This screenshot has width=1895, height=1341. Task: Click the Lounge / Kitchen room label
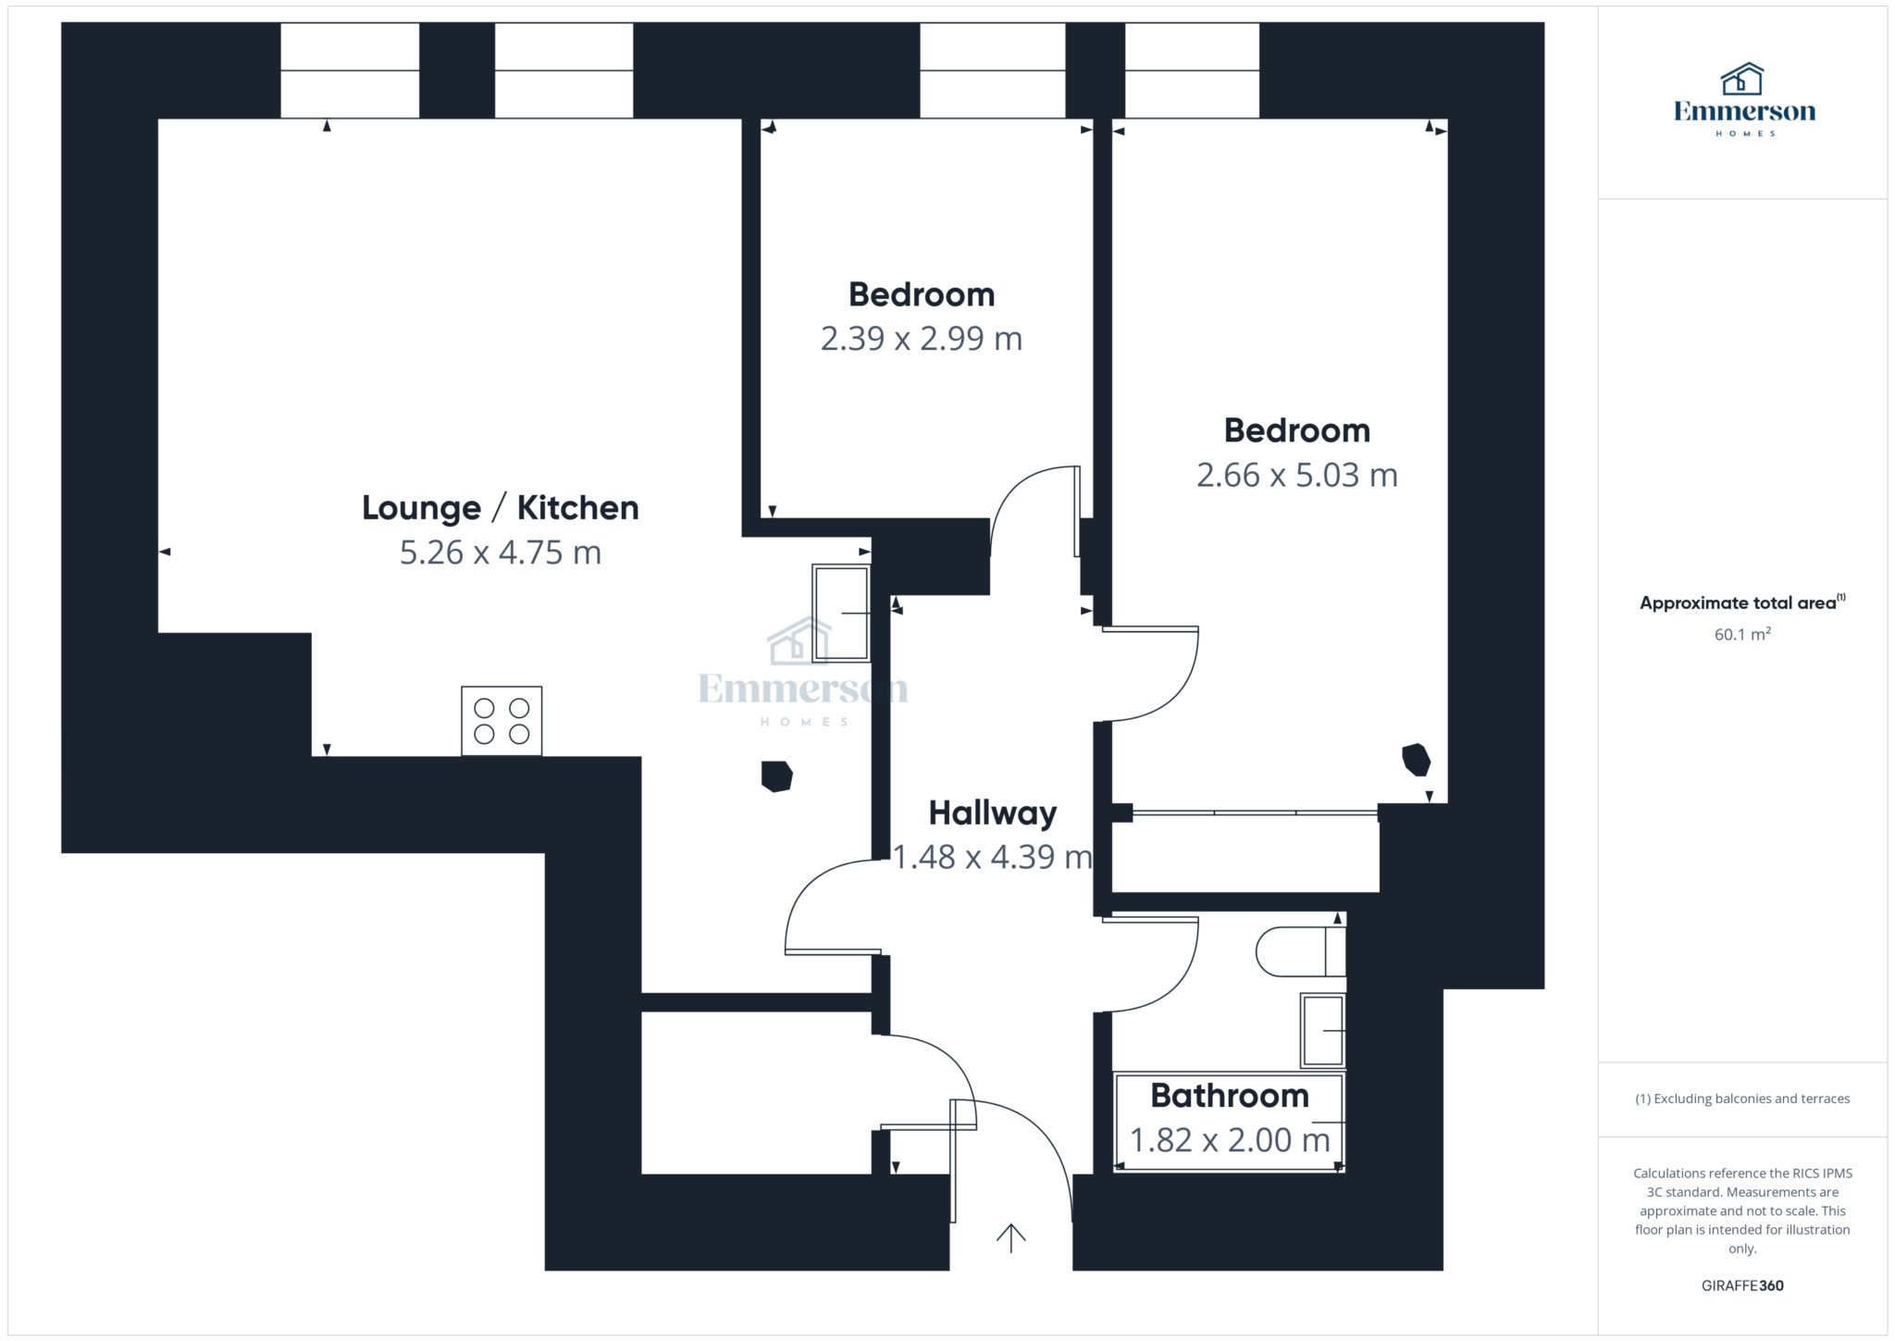point(500,508)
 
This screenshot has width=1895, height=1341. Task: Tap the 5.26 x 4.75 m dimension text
point(501,553)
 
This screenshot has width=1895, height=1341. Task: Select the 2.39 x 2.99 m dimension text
point(922,339)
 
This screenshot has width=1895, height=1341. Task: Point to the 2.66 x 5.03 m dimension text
point(1297,475)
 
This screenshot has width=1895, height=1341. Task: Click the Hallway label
point(993,813)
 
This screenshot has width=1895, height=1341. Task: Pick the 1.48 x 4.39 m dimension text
point(992,857)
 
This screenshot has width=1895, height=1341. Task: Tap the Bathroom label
point(1230,1096)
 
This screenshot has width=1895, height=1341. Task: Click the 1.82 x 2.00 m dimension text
point(1230,1140)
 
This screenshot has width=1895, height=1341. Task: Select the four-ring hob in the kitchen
point(502,721)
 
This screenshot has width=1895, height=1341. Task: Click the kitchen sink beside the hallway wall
point(841,614)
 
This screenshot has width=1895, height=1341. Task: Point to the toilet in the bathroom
point(1300,951)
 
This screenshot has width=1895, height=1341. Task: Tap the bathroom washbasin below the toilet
point(1323,1031)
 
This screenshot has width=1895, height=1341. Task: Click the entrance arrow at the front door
point(1010,1238)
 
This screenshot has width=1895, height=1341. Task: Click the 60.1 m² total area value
point(1742,634)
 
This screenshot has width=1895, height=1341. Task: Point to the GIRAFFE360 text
point(1742,1285)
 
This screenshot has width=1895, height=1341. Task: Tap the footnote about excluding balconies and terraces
point(1742,1099)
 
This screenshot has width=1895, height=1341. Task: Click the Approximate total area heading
point(1742,602)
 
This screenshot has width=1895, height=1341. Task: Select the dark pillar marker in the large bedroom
point(1416,760)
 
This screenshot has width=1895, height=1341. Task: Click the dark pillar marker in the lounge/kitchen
point(776,776)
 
